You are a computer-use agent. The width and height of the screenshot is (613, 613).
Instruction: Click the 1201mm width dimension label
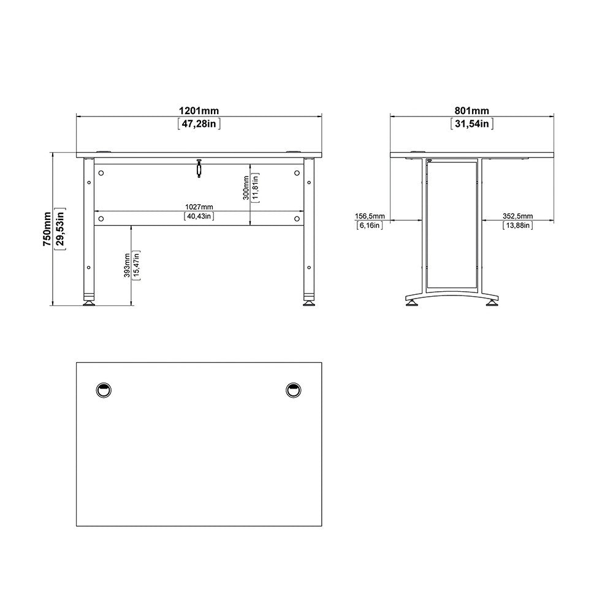pyautogui.click(x=199, y=111)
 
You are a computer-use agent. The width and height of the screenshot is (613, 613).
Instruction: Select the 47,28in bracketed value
pyautogui.click(x=199, y=124)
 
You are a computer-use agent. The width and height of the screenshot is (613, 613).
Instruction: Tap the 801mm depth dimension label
pyautogui.click(x=471, y=111)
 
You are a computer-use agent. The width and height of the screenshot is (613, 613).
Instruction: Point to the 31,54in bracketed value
pyautogui.click(x=471, y=124)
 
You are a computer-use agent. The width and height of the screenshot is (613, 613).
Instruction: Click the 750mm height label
pyautogui.click(x=47, y=229)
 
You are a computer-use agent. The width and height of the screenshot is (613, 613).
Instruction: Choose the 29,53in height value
pyautogui.click(x=60, y=229)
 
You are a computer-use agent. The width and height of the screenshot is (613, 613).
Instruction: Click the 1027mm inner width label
pyautogui.click(x=199, y=207)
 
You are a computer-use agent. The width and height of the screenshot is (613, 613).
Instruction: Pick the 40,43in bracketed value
pyautogui.click(x=199, y=216)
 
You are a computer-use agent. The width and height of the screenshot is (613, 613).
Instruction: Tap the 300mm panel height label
pyautogui.click(x=245, y=188)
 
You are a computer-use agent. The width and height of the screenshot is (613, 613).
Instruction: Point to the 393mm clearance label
pyautogui.click(x=127, y=265)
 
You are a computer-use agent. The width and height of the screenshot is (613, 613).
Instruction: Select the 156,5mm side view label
pyautogui.click(x=370, y=216)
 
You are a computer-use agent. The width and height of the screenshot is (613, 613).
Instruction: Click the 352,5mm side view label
pyautogui.click(x=518, y=216)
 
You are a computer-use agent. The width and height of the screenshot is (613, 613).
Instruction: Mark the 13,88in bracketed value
pyautogui.click(x=518, y=226)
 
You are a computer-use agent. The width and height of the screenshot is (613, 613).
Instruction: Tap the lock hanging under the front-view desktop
pyautogui.click(x=199, y=169)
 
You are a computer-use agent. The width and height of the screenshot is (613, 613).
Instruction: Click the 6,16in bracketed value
pyautogui.click(x=370, y=226)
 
